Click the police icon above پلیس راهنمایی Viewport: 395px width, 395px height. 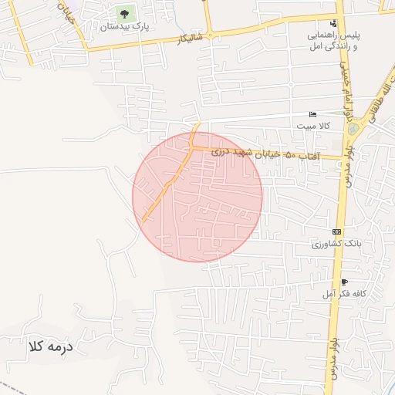(333, 23)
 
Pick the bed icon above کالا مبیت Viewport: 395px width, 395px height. (312, 113)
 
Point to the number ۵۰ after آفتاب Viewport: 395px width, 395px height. (290, 156)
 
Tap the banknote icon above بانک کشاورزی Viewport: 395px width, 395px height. (336, 231)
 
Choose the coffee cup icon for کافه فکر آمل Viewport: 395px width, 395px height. (344, 282)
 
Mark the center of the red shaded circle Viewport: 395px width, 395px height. (197, 197)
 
